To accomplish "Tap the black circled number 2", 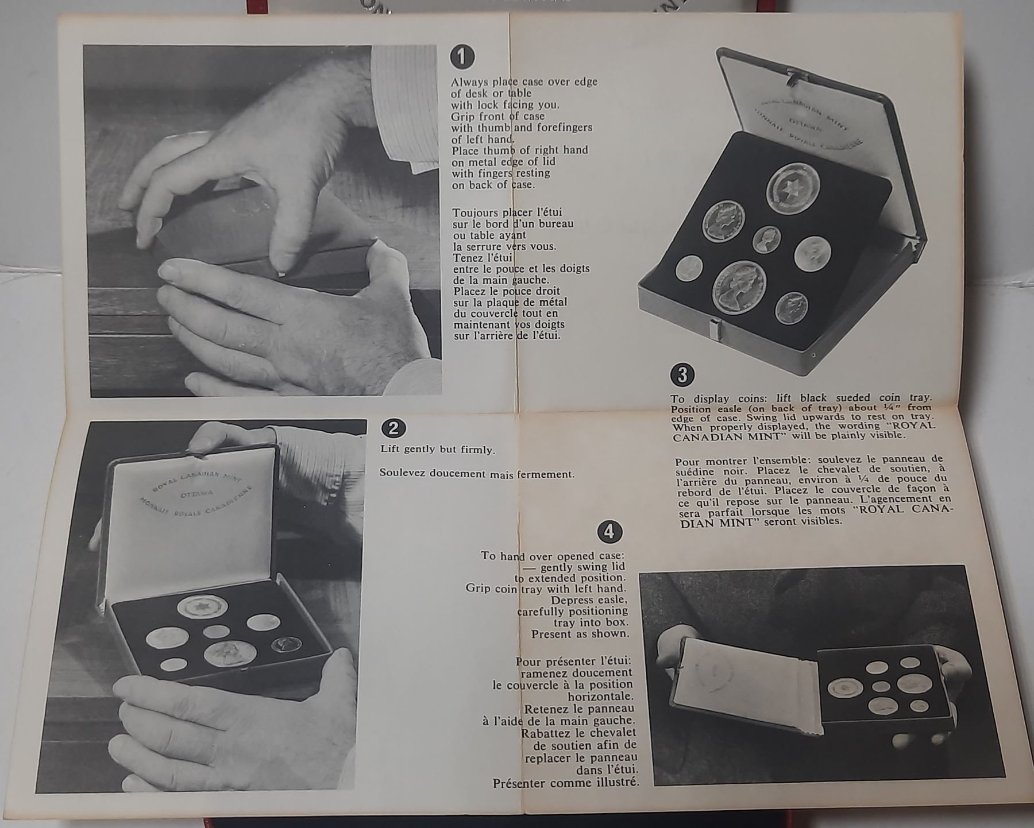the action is pyautogui.click(x=393, y=428).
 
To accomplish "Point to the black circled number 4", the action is pyautogui.click(x=609, y=532).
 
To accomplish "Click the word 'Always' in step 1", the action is pyautogui.click(x=469, y=83).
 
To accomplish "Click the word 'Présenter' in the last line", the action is pyautogui.click(x=519, y=783).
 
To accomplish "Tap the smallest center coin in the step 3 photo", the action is pyautogui.click(x=766, y=239).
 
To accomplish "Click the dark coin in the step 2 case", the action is pyautogui.click(x=287, y=644).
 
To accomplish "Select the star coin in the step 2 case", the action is pyautogui.click(x=202, y=606).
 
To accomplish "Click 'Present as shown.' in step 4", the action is pyautogui.click(x=580, y=634).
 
